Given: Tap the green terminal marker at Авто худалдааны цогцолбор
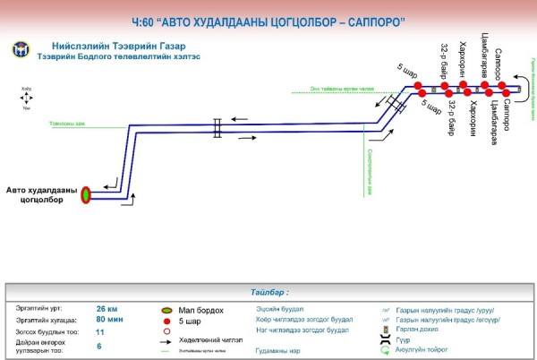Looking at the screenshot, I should click(x=87, y=193).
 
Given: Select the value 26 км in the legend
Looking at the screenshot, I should click(x=107, y=308).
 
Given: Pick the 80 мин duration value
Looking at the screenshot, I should click(x=109, y=320).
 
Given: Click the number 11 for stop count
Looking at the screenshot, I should click(x=100, y=332).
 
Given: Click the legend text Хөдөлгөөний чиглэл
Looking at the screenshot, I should click(x=205, y=341).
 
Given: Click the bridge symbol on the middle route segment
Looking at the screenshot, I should click(x=217, y=128).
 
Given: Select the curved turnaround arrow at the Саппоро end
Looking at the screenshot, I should click(x=524, y=90).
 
